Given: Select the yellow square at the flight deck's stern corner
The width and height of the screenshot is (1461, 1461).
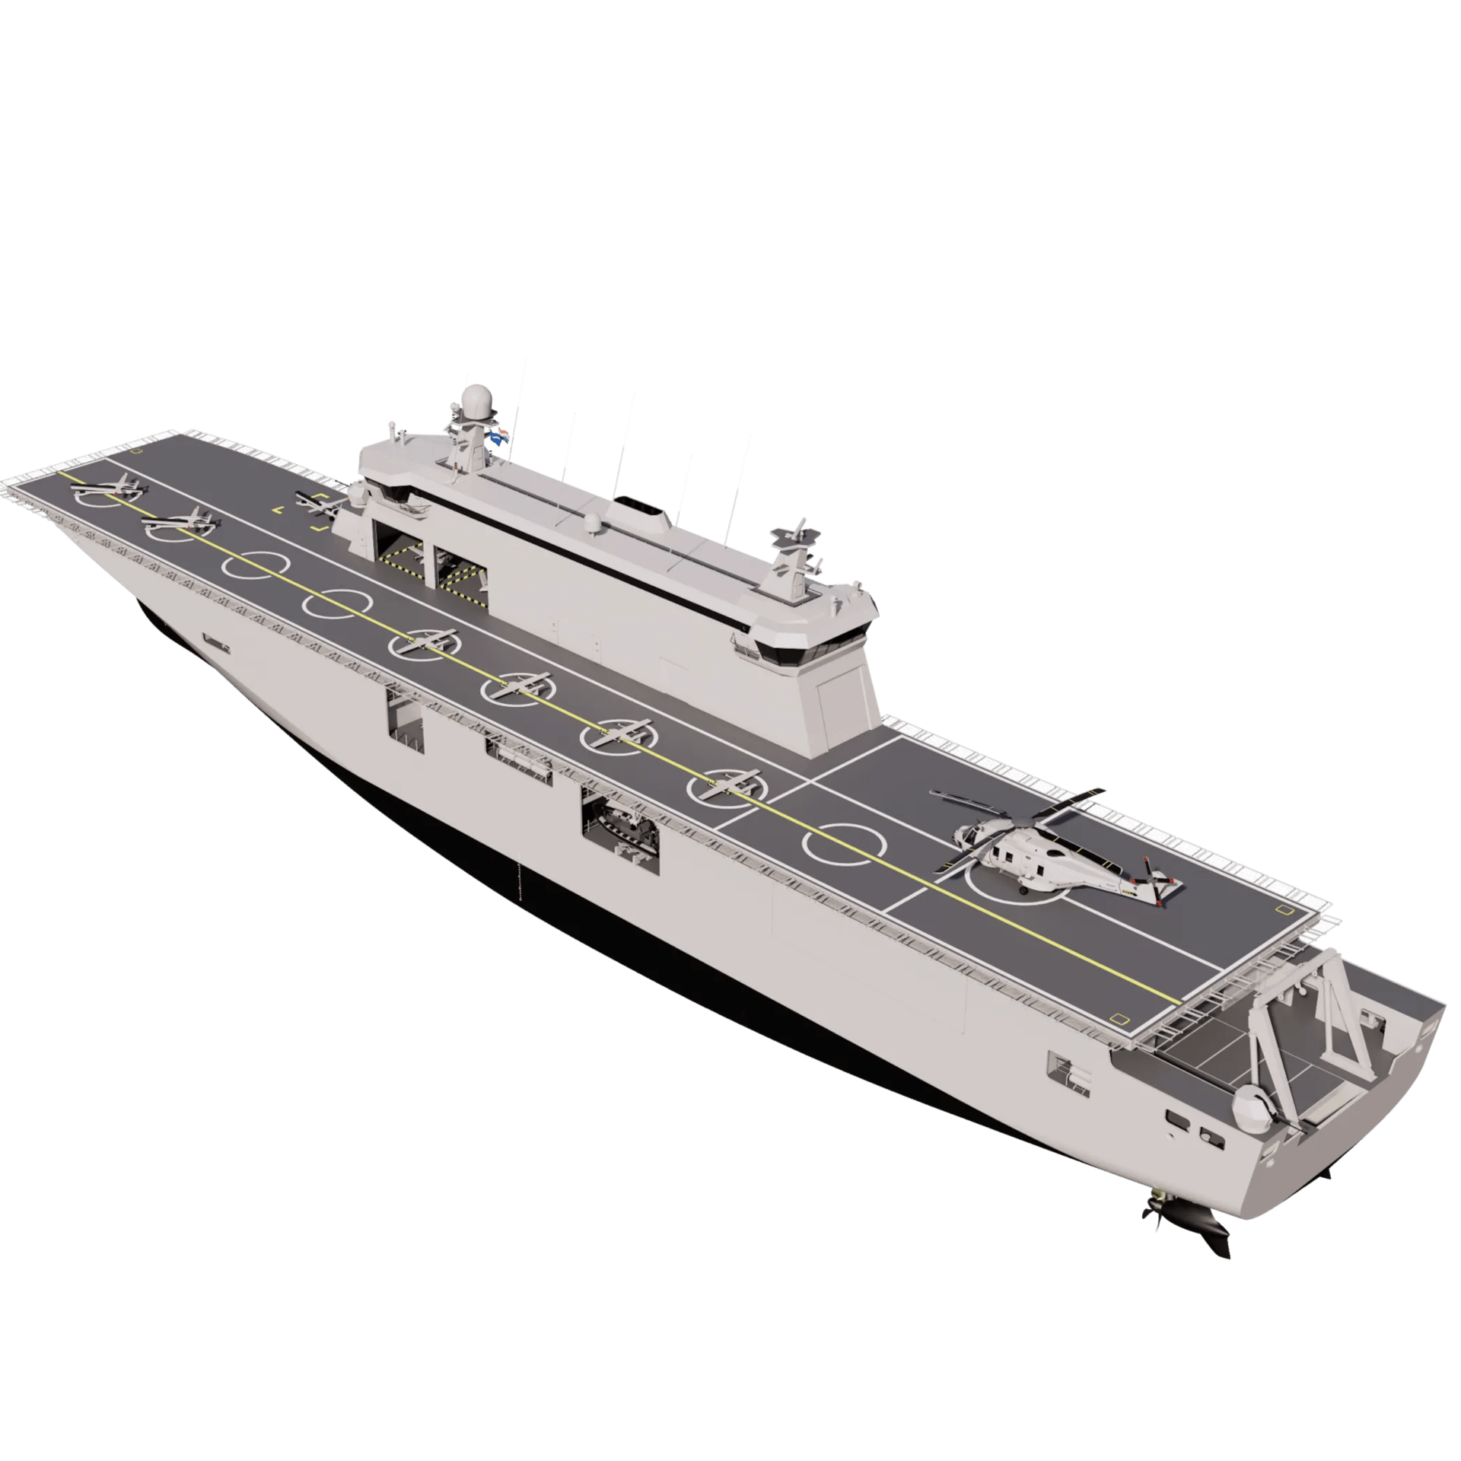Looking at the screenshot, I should [1119, 1018].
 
